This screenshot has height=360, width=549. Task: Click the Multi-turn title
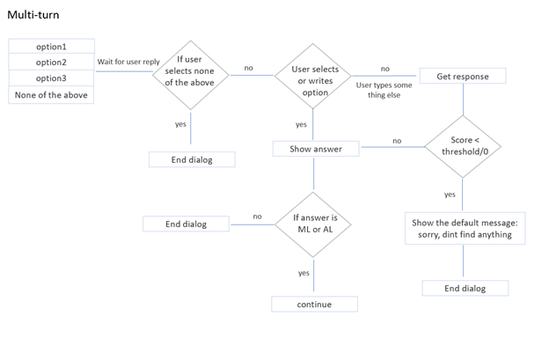(x=33, y=15)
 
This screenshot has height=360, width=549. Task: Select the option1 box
(x=51, y=47)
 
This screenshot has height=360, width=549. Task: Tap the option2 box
(x=51, y=62)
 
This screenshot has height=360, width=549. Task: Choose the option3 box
(x=51, y=78)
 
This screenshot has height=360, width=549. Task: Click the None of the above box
(x=51, y=95)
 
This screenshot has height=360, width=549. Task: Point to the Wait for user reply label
(x=128, y=62)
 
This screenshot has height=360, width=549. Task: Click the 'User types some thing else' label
(x=384, y=90)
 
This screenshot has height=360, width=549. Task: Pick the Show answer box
(x=315, y=149)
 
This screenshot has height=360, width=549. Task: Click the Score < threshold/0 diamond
(x=462, y=145)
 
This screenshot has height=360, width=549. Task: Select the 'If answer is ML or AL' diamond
(x=314, y=224)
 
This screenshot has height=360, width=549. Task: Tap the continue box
(x=314, y=305)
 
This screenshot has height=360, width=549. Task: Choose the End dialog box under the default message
(x=464, y=288)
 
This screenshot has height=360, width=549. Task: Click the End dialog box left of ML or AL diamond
(x=186, y=224)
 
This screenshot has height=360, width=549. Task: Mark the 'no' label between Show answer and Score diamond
(x=397, y=141)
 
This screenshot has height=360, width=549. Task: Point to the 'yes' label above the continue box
(x=303, y=273)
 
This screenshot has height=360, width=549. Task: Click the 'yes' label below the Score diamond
(x=450, y=195)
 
